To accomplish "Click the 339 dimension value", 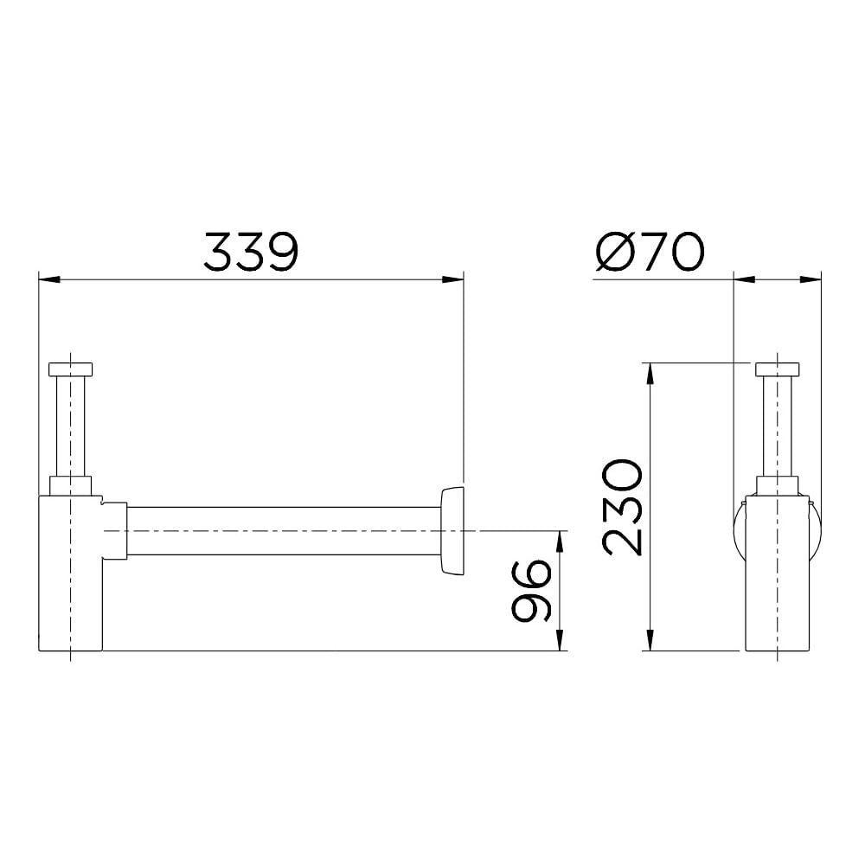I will click(251, 252).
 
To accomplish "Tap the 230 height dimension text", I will click(622, 508).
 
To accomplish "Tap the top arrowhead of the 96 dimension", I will click(561, 539).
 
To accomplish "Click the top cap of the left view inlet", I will click(71, 368).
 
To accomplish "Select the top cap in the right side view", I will click(778, 368).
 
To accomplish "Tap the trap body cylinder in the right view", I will click(778, 588).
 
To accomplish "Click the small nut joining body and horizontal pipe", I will click(115, 530).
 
